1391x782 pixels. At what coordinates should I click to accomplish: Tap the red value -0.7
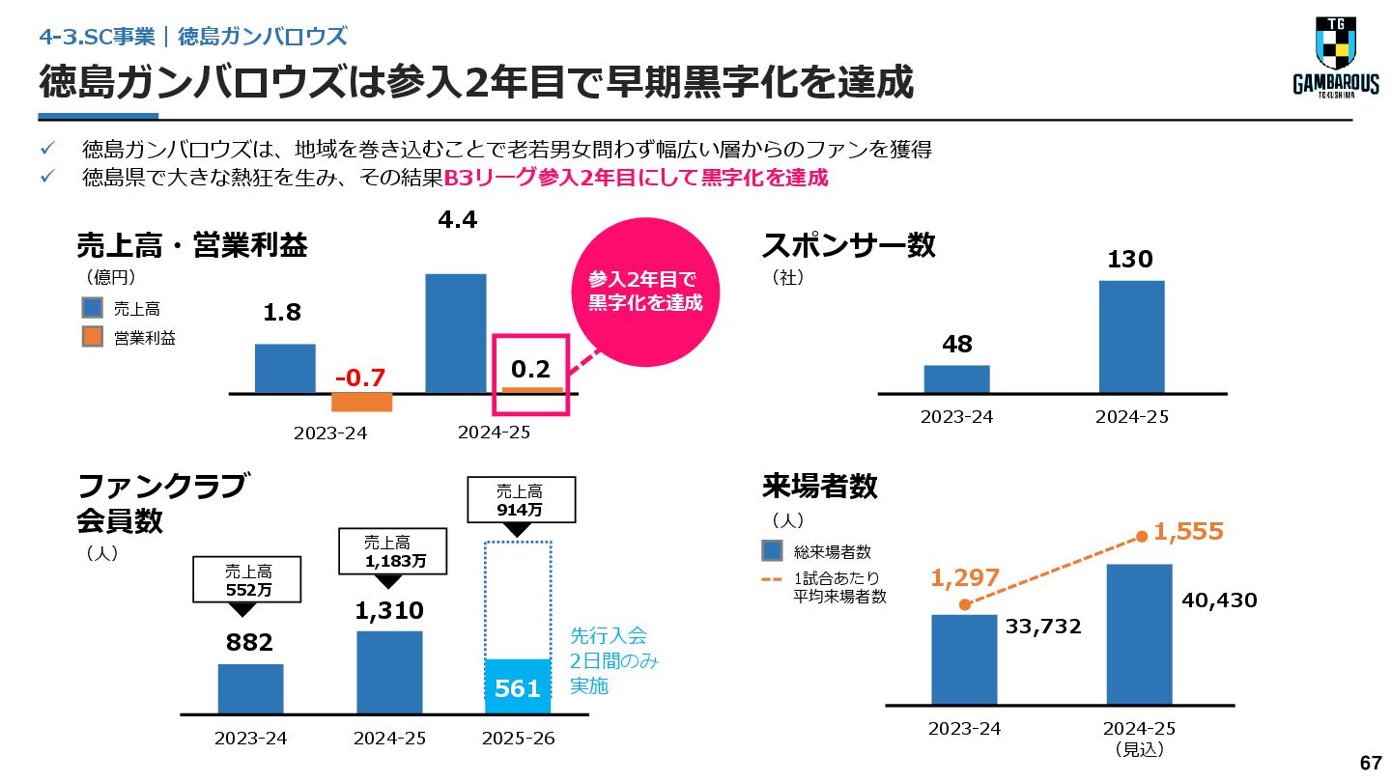click(361, 376)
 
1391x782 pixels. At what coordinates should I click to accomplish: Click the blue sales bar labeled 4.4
click(455, 333)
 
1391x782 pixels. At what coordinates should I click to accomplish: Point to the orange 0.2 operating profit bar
click(531, 390)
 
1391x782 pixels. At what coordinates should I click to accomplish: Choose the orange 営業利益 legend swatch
click(92, 337)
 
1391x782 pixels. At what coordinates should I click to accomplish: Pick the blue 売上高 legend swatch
click(92, 308)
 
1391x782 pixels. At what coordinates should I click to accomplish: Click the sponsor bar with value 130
click(1131, 336)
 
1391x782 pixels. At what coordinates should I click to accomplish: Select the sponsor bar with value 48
click(956, 378)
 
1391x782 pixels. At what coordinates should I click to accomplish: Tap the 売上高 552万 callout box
click(248, 580)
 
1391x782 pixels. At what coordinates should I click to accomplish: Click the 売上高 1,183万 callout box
click(391, 551)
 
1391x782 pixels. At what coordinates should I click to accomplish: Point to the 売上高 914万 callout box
click(519, 499)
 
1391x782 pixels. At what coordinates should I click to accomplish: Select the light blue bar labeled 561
click(518, 686)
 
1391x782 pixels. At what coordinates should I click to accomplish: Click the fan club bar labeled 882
click(250, 688)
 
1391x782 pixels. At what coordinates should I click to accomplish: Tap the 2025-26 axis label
click(518, 739)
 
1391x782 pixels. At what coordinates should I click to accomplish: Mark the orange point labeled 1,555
click(1142, 536)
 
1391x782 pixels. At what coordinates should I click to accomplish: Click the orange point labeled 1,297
click(964, 604)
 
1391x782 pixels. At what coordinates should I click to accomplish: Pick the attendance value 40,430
click(1219, 600)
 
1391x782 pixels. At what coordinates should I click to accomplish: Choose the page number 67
click(1371, 763)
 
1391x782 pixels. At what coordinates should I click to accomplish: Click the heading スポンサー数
click(848, 245)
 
